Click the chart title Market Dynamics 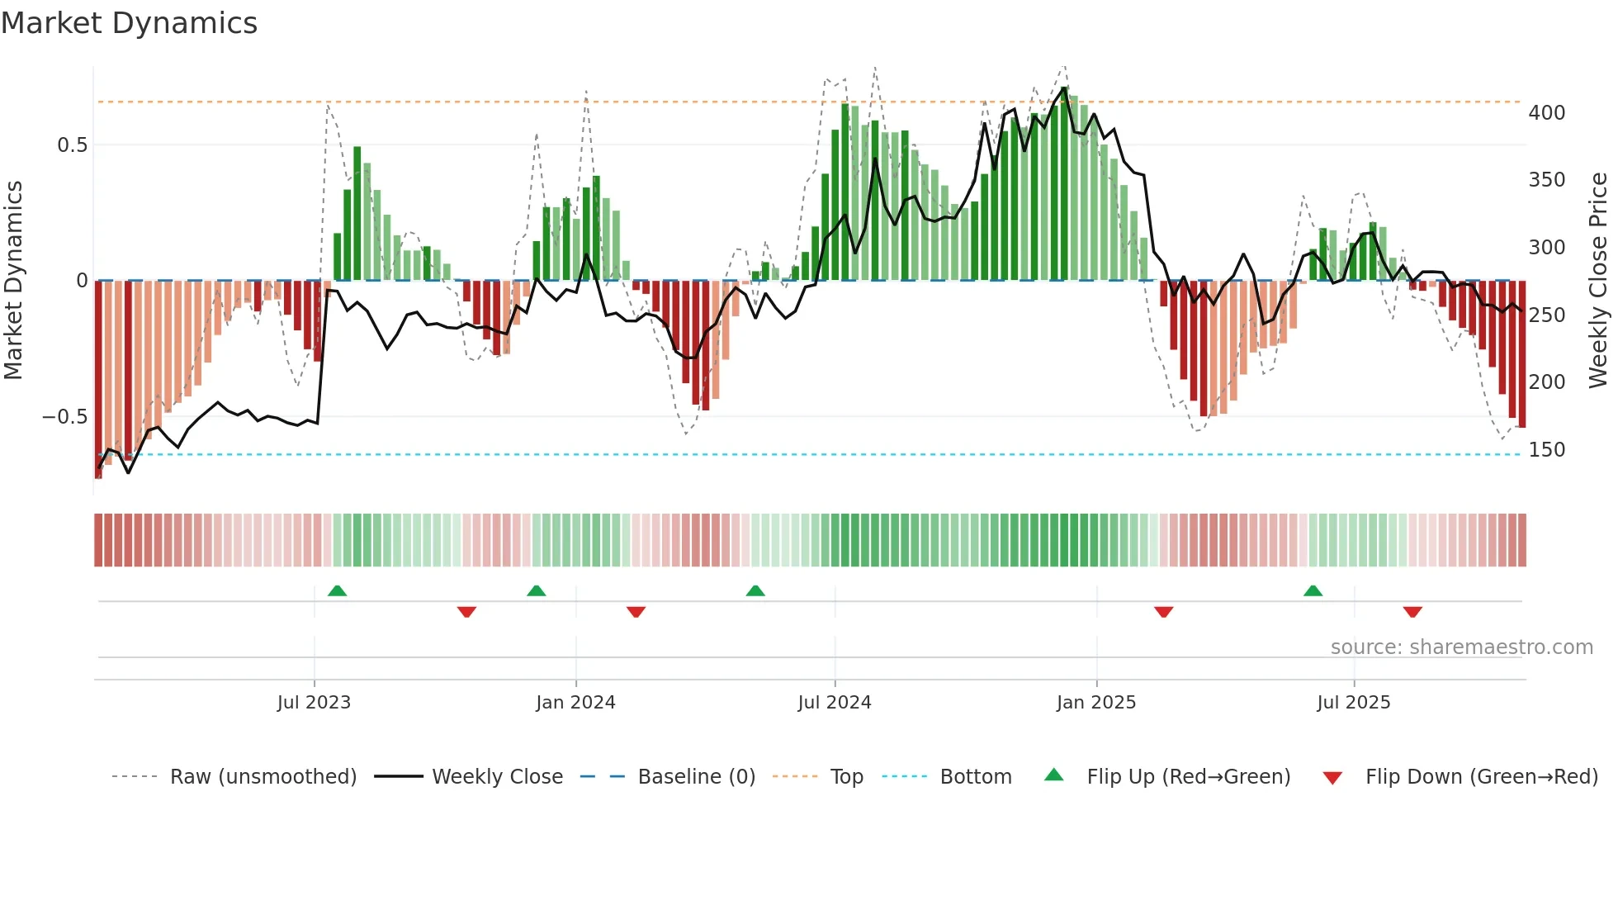tap(129, 23)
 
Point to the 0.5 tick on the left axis tap(72, 145)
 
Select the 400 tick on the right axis tap(1546, 113)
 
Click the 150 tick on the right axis tap(1546, 450)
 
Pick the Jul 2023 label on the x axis tap(314, 703)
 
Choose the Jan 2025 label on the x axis tap(1095, 703)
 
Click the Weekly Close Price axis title tap(1598, 280)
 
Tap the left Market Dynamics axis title tap(14, 280)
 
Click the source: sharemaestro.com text tap(1461, 647)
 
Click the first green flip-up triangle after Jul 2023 tap(337, 590)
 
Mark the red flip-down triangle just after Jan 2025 tap(1163, 612)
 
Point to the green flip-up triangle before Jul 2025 tap(1313, 590)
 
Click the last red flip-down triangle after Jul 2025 tap(1412, 612)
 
